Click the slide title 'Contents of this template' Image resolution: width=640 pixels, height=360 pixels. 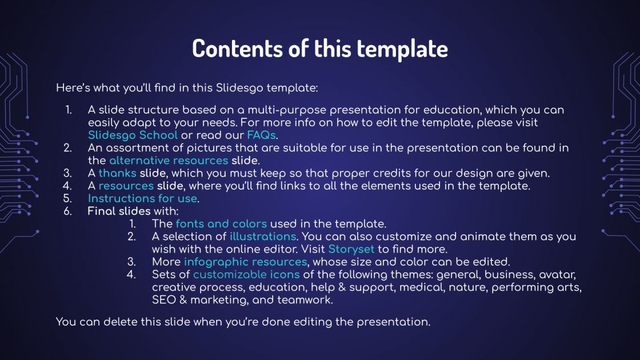click(x=320, y=49)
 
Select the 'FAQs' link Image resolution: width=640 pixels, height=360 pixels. click(x=261, y=135)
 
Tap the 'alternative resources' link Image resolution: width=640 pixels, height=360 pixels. click(x=169, y=160)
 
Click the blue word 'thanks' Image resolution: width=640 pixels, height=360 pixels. click(x=118, y=173)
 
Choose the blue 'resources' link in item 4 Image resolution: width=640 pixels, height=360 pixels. click(x=126, y=186)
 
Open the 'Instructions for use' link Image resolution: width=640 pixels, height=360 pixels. click(x=142, y=198)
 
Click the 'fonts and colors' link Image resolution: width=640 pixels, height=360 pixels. click(x=221, y=223)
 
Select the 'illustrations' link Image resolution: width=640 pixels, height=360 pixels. click(x=262, y=236)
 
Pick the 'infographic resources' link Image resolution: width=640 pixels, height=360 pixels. click(x=245, y=262)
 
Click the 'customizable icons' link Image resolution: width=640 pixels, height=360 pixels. click(x=246, y=274)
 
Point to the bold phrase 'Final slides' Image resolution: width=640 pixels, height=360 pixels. click(x=119, y=211)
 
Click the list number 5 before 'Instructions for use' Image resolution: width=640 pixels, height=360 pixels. click(x=67, y=198)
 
